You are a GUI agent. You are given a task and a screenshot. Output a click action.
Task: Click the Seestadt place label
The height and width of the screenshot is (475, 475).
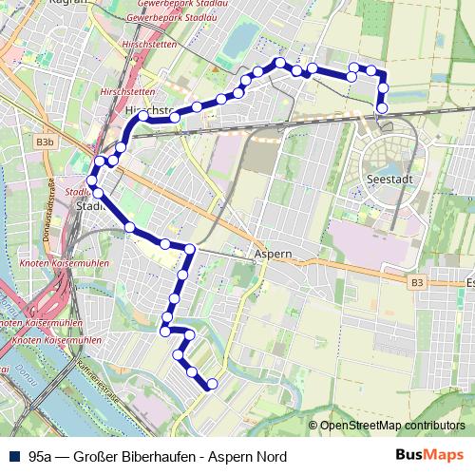point(387,179)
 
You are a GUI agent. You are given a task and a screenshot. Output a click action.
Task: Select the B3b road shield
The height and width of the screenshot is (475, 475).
point(45,142)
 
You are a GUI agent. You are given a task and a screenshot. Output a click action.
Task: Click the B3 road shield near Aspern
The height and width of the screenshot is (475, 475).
point(418,283)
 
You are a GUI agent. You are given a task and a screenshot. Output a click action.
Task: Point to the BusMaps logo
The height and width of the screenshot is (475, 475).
point(428,455)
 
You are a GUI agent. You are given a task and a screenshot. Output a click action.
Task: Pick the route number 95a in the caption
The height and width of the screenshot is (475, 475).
point(41,455)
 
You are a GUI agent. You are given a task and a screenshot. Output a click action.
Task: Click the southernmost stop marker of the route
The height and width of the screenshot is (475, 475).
point(212,384)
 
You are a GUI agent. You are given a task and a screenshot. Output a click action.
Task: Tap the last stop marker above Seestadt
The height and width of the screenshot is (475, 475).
point(382,108)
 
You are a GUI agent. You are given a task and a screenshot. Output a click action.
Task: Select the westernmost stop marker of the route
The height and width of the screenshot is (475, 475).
point(92,181)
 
